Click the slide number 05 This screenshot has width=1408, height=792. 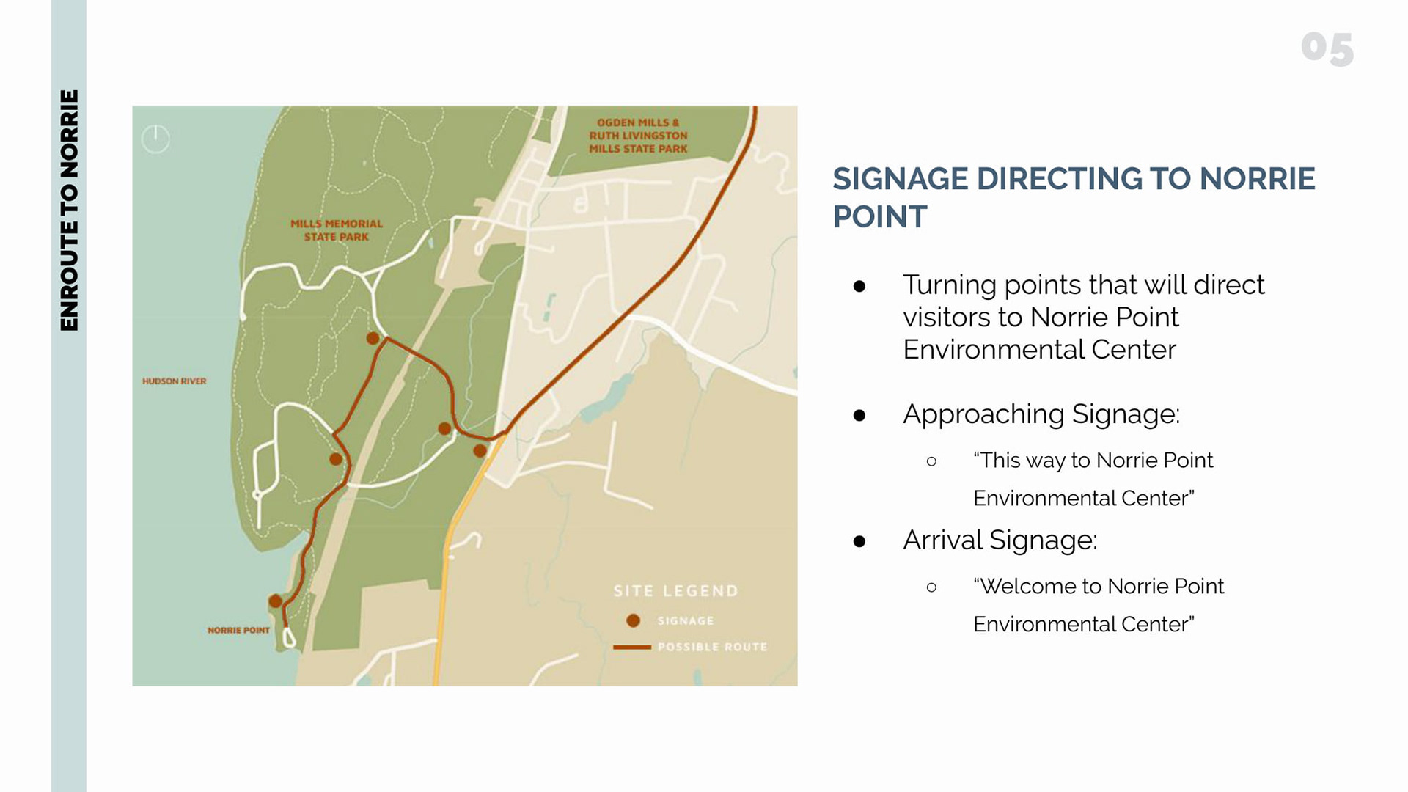(x=1327, y=48)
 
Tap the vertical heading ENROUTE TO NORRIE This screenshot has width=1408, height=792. (x=69, y=210)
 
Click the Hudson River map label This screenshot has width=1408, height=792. (x=175, y=381)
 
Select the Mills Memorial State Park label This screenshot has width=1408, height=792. (x=337, y=230)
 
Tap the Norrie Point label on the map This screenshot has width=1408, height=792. (x=239, y=630)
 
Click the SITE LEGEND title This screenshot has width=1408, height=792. (x=676, y=591)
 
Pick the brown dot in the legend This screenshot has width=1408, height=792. (x=634, y=621)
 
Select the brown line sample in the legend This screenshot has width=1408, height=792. (x=632, y=648)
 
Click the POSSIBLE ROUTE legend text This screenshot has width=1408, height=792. (x=713, y=647)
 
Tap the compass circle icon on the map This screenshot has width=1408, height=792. (x=155, y=139)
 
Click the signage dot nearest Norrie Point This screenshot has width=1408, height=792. (x=276, y=601)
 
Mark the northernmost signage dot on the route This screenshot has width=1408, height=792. (x=373, y=338)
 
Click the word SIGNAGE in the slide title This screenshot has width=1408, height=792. (x=901, y=179)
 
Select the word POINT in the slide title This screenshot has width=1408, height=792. (x=880, y=217)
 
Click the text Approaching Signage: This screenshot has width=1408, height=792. (x=1041, y=414)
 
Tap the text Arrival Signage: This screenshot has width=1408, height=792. (x=1000, y=540)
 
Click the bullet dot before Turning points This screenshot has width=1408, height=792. (x=859, y=286)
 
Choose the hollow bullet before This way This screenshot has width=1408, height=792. (x=931, y=461)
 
